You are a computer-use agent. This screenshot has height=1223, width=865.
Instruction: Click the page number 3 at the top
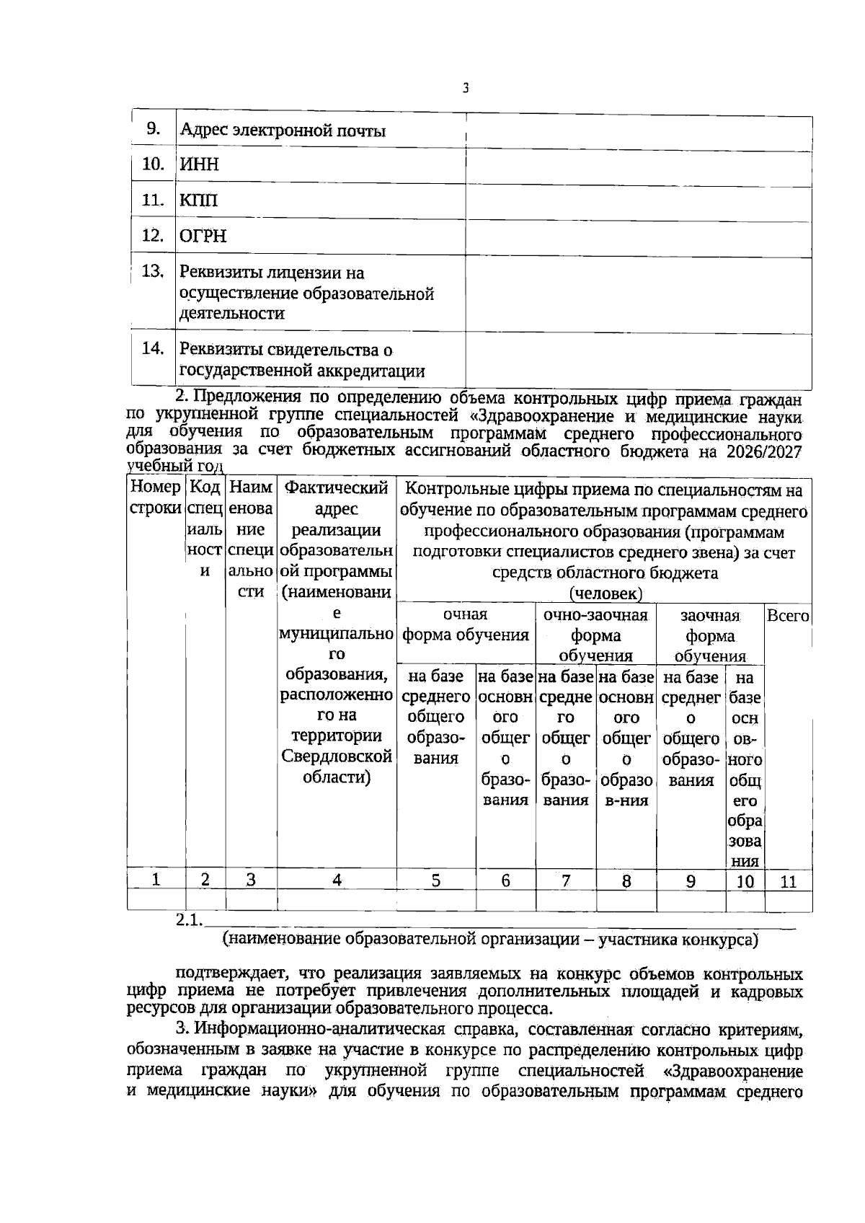[466, 89]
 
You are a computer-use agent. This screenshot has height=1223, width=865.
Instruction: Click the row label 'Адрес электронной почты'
[283, 131]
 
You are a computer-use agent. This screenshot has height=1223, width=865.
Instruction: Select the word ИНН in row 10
[199, 165]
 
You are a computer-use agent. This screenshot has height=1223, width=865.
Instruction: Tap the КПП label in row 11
[198, 200]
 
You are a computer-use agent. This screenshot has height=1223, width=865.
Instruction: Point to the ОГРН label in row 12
[203, 237]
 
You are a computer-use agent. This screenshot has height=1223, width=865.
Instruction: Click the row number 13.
[153, 272]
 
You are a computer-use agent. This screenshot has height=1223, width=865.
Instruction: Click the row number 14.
[153, 349]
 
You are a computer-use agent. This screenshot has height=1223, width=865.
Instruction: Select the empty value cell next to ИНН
[638, 166]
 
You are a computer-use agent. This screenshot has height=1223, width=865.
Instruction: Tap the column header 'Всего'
[788, 617]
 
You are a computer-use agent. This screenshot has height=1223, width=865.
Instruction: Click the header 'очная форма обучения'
[466, 625]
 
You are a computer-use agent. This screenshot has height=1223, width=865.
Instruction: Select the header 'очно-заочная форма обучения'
[595, 635]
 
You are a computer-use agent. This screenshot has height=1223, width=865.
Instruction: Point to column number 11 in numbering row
[788, 881]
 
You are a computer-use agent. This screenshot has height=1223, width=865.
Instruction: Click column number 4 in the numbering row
[337, 880]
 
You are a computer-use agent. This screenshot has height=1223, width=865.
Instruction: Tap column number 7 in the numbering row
[566, 880]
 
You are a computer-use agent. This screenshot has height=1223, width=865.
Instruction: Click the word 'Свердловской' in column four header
[337, 757]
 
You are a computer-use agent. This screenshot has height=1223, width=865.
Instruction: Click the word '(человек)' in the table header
[605, 593]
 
